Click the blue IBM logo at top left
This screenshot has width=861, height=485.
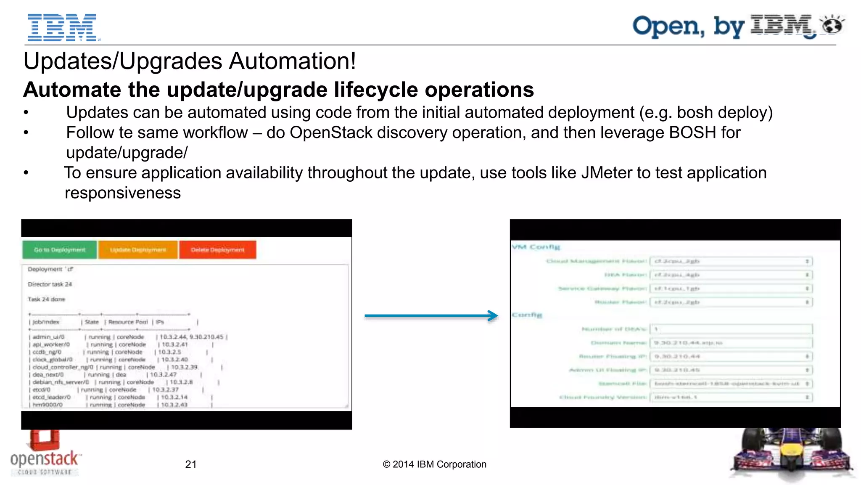[x=62, y=27]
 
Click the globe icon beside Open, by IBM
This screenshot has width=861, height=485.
[x=832, y=25]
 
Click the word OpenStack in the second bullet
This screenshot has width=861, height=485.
[x=331, y=133]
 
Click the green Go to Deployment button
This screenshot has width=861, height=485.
[x=59, y=250]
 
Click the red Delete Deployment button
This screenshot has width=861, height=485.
[x=217, y=250]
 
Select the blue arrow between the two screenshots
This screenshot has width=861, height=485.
[x=431, y=315]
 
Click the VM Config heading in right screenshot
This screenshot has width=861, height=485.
[x=536, y=247]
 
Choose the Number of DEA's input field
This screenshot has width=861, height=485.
[x=731, y=329]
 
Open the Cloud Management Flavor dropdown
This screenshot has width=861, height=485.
[x=731, y=261]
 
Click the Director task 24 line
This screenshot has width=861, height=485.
[x=50, y=284]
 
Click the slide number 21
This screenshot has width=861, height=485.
[x=191, y=464]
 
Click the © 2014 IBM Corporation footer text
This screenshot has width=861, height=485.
[x=434, y=464]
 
